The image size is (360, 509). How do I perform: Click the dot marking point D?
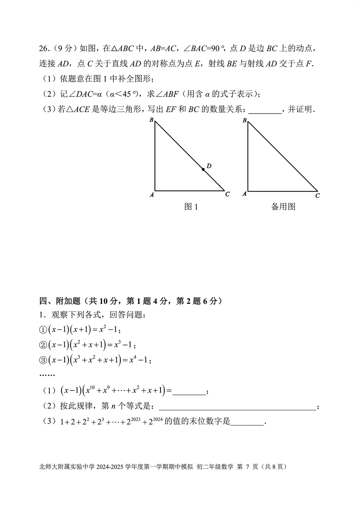pos(203,169)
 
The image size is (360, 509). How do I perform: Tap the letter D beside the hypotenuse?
pos(209,166)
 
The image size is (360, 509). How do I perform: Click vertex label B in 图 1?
pos(151,120)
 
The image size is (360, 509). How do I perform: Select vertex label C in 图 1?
pos(227,194)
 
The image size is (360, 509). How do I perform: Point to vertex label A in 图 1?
pos(152,195)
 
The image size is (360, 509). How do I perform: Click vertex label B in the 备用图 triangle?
pos(245,120)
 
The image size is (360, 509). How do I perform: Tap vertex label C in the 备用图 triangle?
pos(317,196)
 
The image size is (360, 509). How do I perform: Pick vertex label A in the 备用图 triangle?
pos(245,193)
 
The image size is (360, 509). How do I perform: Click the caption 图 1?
pos(191,207)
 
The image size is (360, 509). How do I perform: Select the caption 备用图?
pos(283,207)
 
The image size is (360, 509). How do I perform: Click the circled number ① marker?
pos(43,330)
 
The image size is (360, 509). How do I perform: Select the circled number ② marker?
pos(43,345)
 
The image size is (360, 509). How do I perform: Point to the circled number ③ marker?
pos(43,360)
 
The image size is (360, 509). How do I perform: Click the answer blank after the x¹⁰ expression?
pos(189,391)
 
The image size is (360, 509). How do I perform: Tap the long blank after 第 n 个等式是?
pos(237,407)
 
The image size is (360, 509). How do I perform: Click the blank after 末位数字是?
pos(247,422)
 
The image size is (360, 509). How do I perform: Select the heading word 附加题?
pos(68,301)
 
